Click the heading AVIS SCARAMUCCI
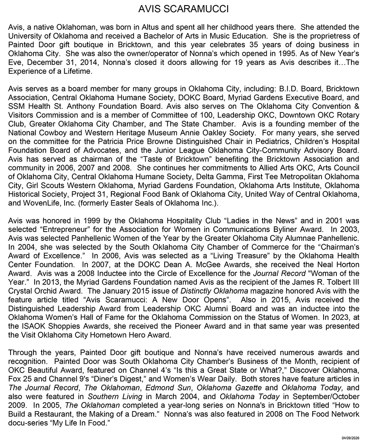190,9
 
